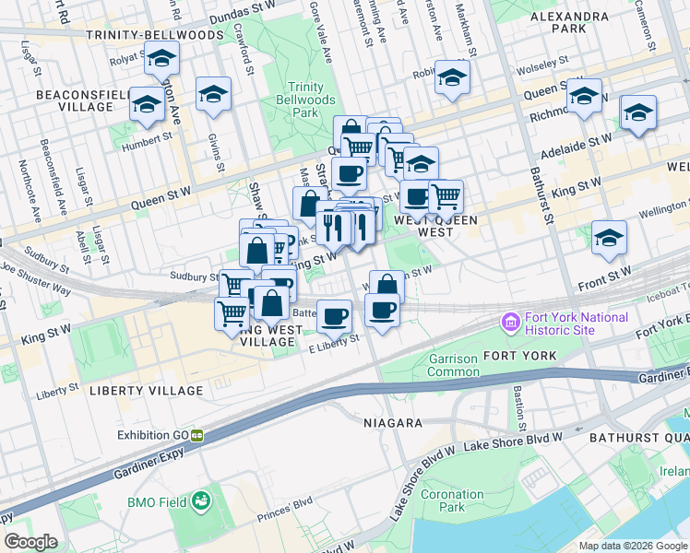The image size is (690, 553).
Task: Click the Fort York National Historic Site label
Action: coord(576,324)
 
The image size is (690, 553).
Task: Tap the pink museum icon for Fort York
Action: coord(509,324)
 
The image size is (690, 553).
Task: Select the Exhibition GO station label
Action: coord(152,434)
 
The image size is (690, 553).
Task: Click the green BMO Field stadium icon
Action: coord(200,502)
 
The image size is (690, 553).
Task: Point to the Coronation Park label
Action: coord(453,500)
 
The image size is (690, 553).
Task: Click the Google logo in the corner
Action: coord(31,541)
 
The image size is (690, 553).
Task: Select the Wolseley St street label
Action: coord(543,65)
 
